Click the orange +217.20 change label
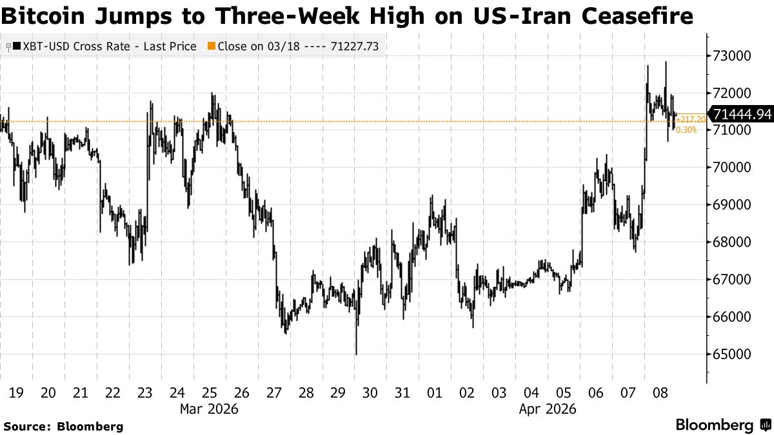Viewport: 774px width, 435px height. coord(686,121)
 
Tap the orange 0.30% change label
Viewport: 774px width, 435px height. coord(686,130)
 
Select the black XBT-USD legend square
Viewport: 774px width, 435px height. coord(16,46)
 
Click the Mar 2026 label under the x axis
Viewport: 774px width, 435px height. coord(209,409)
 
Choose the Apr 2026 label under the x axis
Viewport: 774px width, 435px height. coord(547,409)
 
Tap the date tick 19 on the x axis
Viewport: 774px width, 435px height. coord(15,392)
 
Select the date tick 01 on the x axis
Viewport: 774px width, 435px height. coord(434,392)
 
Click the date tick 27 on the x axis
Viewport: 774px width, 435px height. coord(274,392)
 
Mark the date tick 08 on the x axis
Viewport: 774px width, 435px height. coord(660,392)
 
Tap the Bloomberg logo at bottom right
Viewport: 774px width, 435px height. coord(722,425)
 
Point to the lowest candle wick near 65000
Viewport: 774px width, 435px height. coord(356,352)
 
